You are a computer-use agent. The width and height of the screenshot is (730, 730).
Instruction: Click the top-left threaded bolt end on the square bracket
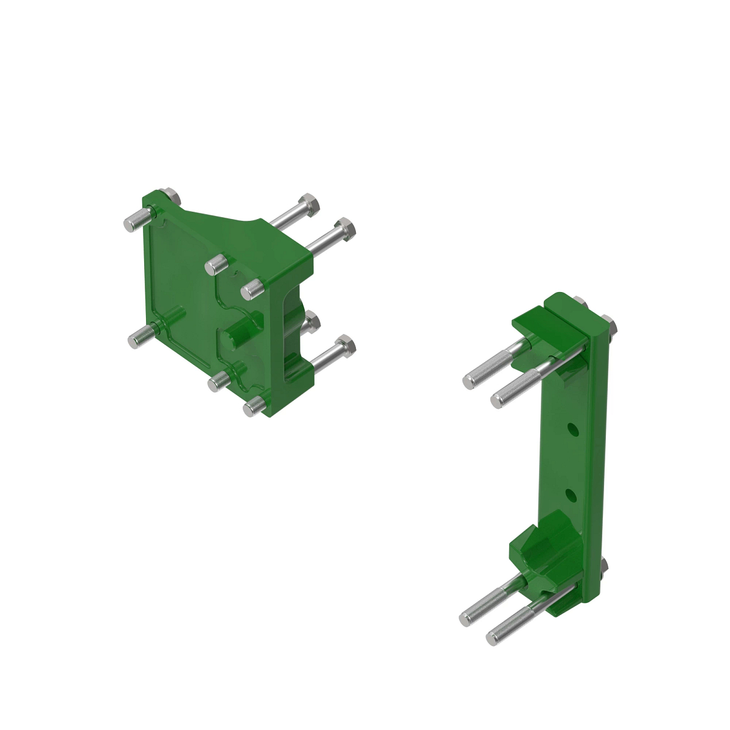pyautogui.click(x=131, y=223)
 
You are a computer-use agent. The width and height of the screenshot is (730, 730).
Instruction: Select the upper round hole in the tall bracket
pyautogui.click(x=572, y=429)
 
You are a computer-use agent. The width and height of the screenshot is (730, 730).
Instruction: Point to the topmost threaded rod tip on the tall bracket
pyautogui.click(x=469, y=381)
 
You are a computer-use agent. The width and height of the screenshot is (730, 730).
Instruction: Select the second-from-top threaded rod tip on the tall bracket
pyautogui.click(x=498, y=399)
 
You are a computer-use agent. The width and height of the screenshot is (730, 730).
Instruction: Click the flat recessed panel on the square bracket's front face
pyautogui.click(x=179, y=280)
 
